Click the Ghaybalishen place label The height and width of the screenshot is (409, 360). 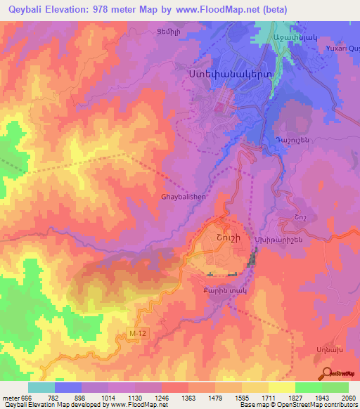tap(184, 197)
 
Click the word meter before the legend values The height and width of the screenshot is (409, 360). tap(10, 398)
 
